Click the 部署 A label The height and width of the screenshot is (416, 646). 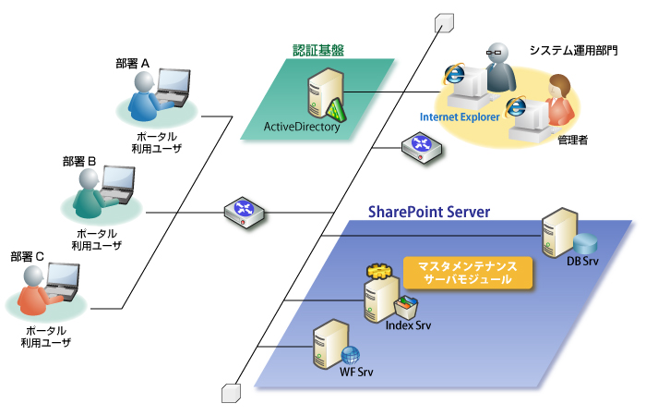[134, 63]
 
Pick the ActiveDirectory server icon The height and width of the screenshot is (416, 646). [323, 97]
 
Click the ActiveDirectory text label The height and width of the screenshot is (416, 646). [302, 128]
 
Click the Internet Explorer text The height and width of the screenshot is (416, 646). [460, 117]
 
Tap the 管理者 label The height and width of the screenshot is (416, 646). [573, 141]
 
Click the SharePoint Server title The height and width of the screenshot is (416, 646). [429, 212]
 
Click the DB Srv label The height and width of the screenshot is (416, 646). [581, 263]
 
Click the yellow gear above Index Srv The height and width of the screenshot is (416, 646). [378, 272]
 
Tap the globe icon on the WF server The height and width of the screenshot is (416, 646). [352, 356]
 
